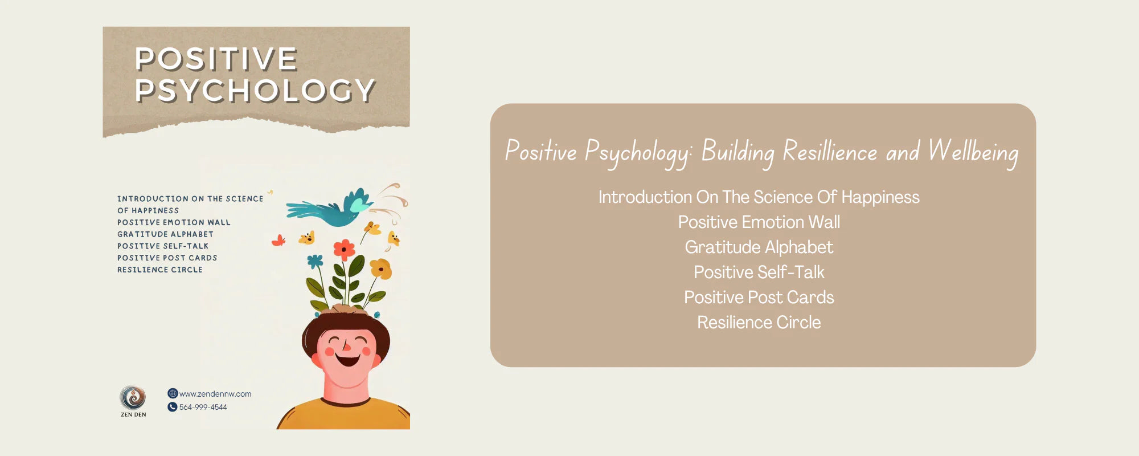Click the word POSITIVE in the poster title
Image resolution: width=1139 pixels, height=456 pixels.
pyautogui.click(x=216, y=59)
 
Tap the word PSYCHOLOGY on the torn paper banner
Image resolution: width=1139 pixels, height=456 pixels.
pyautogui.click(x=255, y=91)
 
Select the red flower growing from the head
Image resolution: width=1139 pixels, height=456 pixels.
pyautogui.click(x=344, y=249)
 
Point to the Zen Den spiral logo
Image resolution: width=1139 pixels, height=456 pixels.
pyautogui.click(x=133, y=397)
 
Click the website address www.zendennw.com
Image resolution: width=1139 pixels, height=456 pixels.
pyautogui.click(x=215, y=394)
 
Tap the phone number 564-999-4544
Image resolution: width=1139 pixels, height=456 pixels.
pyautogui.click(x=203, y=407)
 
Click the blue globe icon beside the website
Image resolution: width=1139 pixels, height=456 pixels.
pyautogui.click(x=173, y=393)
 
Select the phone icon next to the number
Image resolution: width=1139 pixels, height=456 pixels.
pyautogui.click(x=173, y=407)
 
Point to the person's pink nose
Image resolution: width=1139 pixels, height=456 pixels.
pyautogui.click(x=346, y=345)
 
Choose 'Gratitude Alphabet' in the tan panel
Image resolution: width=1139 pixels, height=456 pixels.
pyautogui.click(x=759, y=247)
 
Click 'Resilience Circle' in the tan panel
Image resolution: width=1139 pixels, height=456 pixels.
pyautogui.click(x=759, y=323)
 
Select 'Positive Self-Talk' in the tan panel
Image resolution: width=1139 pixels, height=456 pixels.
pyautogui.click(x=759, y=272)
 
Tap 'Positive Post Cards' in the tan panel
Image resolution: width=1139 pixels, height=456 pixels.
pyautogui.click(x=759, y=298)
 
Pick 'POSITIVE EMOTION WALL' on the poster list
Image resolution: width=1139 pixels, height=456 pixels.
pyautogui.click(x=174, y=222)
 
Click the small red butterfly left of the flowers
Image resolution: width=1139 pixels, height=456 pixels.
pyautogui.click(x=278, y=241)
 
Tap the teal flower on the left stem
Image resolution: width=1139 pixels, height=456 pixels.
pyautogui.click(x=315, y=262)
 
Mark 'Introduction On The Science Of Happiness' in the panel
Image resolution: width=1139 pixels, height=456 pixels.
pyautogui.click(x=759, y=197)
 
